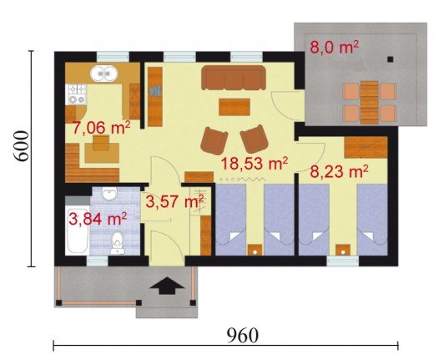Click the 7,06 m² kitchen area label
point(101,128)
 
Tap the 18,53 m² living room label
point(254,164)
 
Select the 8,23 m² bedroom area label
point(339,171)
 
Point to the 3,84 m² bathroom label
point(98,219)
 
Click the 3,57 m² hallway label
point(174,201)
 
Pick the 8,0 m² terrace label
point(334,47)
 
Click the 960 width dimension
point(243,336)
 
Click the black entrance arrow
point(167,286)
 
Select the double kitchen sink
point(103,74)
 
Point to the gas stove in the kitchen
point(76,94)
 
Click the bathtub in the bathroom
point(78,231)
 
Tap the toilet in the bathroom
point(118,243)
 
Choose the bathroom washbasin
point(109,194)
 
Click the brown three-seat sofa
point(234,78)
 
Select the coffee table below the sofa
point(235,107)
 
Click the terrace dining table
point(370,102)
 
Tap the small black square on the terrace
point(391,59)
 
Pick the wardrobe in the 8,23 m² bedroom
point(366,148)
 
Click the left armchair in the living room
point(214,140)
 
